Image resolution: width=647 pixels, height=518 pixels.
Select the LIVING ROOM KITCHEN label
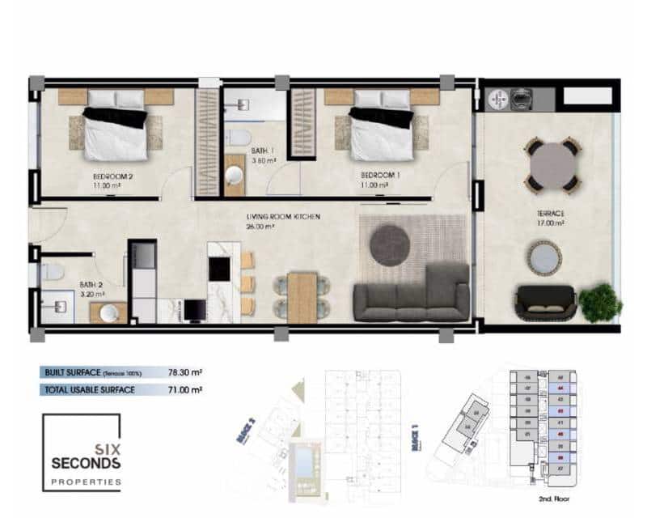tap(283, 217)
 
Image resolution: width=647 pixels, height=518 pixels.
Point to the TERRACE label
tap(550, 214)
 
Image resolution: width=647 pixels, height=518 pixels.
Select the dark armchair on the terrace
tap(547, 302)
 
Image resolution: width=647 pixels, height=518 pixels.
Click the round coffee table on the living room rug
tap(389, 242)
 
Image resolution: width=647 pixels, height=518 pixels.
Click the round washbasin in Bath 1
tap(235, 177)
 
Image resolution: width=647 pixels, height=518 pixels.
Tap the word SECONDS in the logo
tap(85, 464)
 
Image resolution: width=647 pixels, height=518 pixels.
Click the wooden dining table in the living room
tap(301, 295)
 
